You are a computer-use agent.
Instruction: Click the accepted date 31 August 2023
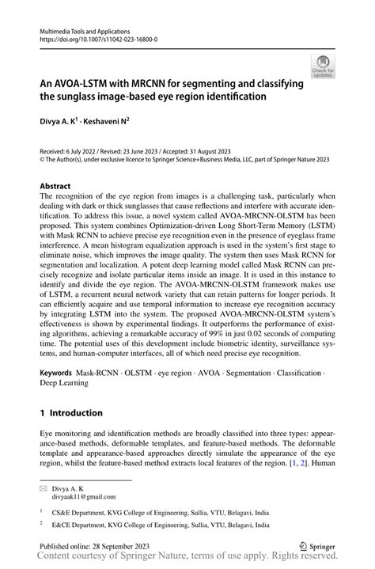pyautogui.click(x=209, y=150)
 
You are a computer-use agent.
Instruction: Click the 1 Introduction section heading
pyautogui.click(x=71, y=412)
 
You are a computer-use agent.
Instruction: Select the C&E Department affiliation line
pyautogui.click(x=151, y=511)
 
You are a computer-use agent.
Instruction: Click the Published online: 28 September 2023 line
pyautogui.click(x=94, y=545)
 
